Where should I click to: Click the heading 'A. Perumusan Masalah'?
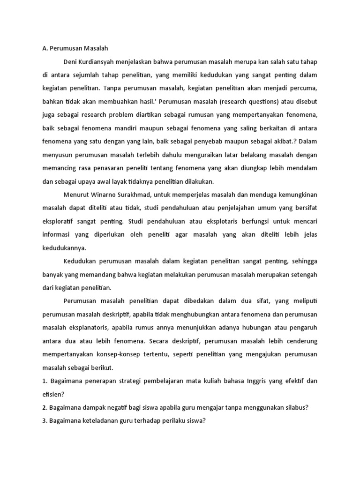click(x=75, y=47)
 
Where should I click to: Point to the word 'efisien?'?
click(x=54, y=394)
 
